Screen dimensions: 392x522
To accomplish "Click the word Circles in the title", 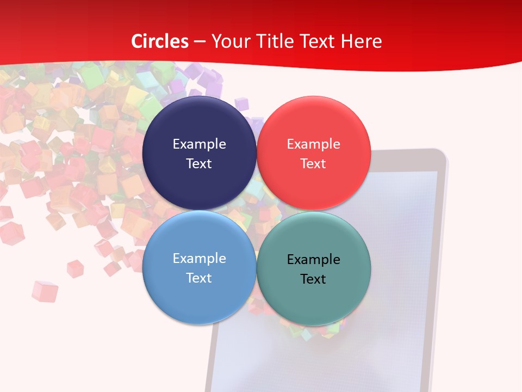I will (160, 41).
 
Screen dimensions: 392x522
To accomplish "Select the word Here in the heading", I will (361, 41).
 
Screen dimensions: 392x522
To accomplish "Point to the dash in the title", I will (200, 42).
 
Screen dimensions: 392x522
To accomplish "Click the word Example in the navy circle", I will (199, 144).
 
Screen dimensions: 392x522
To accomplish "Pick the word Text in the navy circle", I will (199, 163).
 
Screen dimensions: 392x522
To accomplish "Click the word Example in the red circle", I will (313, 144).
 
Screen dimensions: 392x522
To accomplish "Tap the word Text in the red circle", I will (313, 163).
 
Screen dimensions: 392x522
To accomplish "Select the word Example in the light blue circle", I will (199, 259).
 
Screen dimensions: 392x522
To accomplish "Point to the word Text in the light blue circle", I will (199, 278).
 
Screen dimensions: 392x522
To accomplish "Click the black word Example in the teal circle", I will (313, 260).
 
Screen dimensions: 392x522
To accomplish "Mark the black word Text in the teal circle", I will (313, 279).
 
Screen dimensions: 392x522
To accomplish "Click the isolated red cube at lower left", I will (44, 291).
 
